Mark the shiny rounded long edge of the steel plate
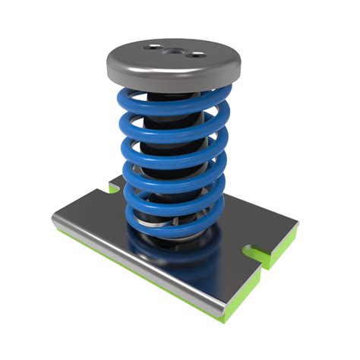[137, 266]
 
